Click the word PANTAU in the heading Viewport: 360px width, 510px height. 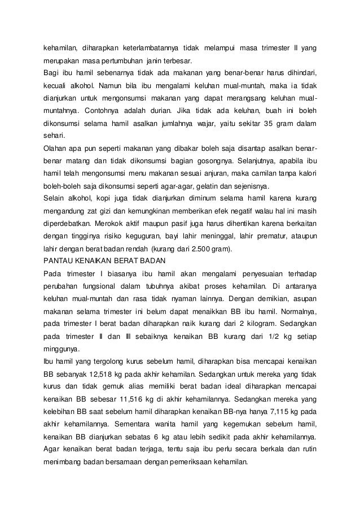tap(58, 261)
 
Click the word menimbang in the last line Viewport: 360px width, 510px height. tap(64, 461)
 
